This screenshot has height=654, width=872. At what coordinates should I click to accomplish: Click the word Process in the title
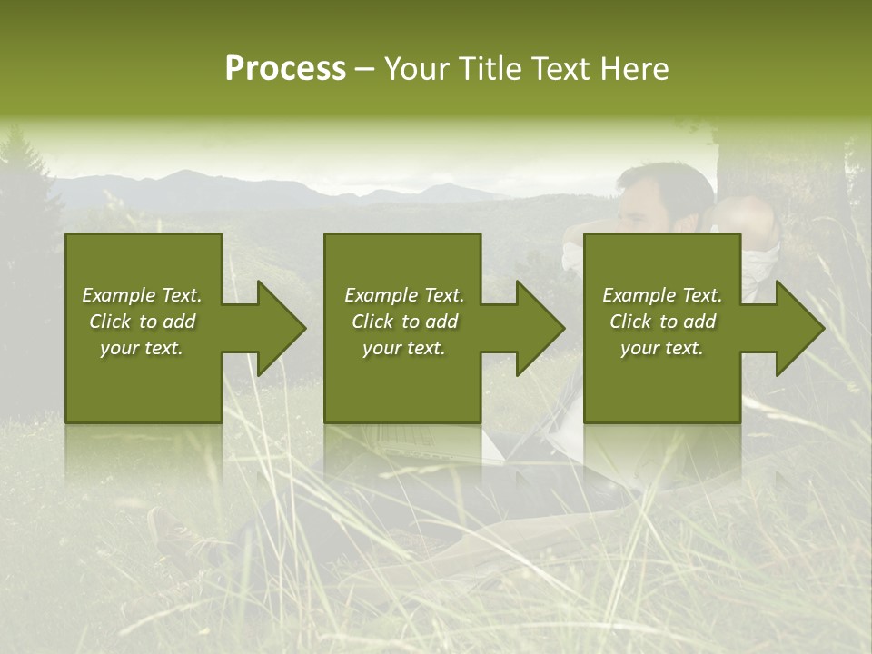coord(285,69)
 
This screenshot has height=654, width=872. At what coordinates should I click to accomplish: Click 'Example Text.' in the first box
coord(142,295)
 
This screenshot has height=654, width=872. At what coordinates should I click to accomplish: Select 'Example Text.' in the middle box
coord(403,295)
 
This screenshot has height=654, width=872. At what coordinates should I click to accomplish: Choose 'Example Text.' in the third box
coord(662,295)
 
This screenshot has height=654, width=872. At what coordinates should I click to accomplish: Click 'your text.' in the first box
coord(142,348)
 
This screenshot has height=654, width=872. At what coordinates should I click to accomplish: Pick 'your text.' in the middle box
coord(403,348)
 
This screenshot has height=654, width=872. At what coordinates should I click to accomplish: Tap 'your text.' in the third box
coord(662,348)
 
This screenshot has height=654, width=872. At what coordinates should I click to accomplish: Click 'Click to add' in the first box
coord(142,322)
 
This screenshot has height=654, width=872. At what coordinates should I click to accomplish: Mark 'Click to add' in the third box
coord(662,322)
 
